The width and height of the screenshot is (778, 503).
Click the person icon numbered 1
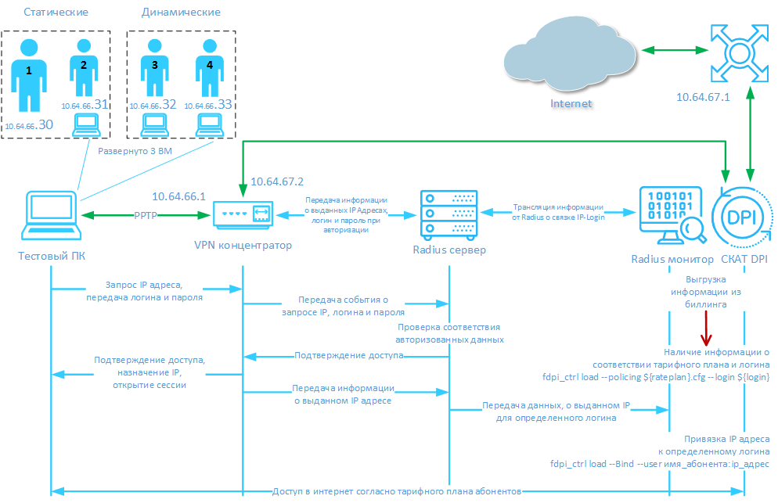click(29, 76)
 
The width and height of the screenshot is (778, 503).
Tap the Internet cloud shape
click(570, 56)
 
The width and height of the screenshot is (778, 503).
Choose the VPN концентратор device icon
click(244, 214)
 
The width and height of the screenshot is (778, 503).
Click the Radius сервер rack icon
click(448, 214)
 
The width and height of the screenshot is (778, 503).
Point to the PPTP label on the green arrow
click(147, 214)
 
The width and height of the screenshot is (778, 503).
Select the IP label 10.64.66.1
click(178, 196)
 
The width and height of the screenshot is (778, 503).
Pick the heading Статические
click(56, 13)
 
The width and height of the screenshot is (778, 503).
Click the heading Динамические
click(182, 13)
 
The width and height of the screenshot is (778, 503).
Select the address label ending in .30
click(29, 124)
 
